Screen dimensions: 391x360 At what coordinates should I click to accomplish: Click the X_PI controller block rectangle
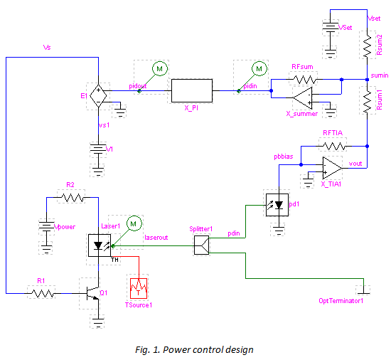click(192, 90)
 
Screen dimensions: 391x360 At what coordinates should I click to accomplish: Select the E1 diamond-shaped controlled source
click(98, 96)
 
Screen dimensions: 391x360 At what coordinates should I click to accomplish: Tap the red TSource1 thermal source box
click(139, 288)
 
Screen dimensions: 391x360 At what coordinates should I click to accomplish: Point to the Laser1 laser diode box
click(100, 245)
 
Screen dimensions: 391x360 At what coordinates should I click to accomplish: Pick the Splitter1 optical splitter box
click(201, 245)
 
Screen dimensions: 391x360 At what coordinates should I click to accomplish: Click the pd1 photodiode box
click(277, 205)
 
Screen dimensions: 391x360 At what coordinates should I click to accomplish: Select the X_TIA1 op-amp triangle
click(332, 168)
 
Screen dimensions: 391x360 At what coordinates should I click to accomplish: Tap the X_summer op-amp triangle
click(303, 98)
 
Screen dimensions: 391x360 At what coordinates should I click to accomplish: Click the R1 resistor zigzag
click(43, 293)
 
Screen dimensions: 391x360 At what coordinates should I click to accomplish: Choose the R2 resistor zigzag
click(73, 198)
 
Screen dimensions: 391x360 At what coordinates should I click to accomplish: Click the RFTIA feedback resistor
click(334, 146)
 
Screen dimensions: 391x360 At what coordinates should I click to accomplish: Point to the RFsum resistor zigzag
click(304, 80)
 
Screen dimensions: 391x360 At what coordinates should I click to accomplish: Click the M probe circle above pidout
click(159, 68)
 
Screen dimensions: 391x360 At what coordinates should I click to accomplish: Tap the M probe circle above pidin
click(259, 68)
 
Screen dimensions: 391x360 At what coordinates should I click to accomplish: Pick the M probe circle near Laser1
click(134, 223)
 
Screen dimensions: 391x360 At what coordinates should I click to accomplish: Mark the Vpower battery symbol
click(46, 226)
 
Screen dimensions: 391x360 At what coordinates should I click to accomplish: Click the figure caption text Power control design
click(208, 350)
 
